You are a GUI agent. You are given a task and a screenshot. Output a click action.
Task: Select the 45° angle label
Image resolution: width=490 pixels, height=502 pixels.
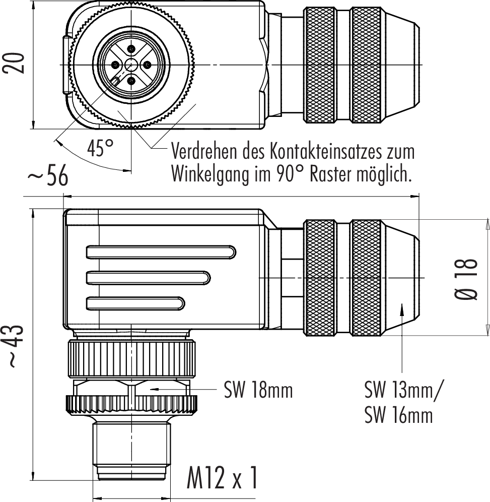[x=101, y=148]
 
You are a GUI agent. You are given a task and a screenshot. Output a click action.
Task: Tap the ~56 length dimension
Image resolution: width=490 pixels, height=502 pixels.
[x=47, y=177]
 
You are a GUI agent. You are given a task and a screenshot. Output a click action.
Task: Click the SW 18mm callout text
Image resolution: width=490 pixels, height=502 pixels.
[x=258, y=390]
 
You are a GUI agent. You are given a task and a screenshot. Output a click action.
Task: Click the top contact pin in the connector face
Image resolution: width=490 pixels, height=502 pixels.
[x=131, y=48]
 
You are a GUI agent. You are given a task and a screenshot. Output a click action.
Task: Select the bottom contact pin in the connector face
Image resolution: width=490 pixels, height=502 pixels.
[x=131, y=81]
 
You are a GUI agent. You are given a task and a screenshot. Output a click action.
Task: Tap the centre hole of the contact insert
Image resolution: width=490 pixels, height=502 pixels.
[x=131, y=65]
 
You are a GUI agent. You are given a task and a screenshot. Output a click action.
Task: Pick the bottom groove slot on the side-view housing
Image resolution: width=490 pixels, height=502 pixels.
[x=136, y=303]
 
